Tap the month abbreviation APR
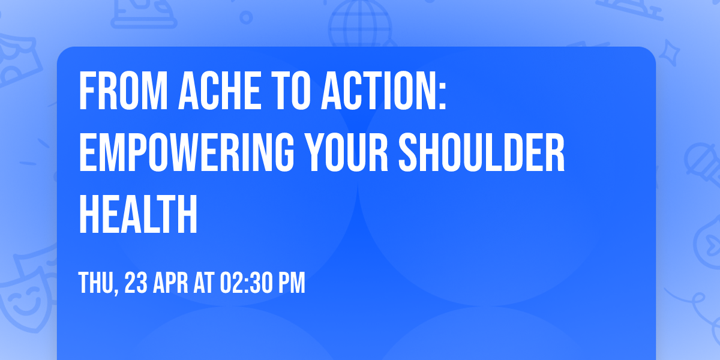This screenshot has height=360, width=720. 172,283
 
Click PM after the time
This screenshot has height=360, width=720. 290,283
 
